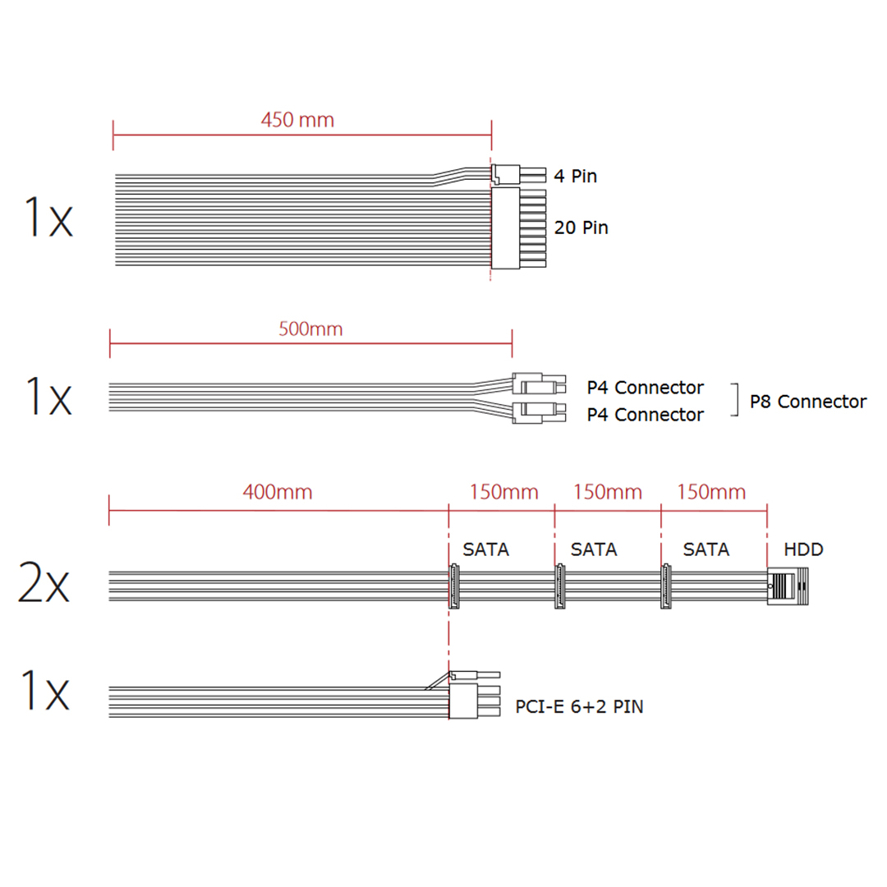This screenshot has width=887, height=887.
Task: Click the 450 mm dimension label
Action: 297,120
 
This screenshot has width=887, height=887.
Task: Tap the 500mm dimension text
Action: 310,329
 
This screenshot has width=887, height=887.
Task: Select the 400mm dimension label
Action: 278,492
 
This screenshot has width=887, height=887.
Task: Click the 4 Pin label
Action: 575,176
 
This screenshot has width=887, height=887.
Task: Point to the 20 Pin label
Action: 581,227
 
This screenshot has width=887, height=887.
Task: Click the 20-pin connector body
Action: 505,228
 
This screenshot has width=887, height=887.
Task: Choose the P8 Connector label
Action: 808,402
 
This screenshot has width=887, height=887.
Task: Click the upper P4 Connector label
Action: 645,388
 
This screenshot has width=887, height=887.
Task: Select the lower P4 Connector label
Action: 645,415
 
